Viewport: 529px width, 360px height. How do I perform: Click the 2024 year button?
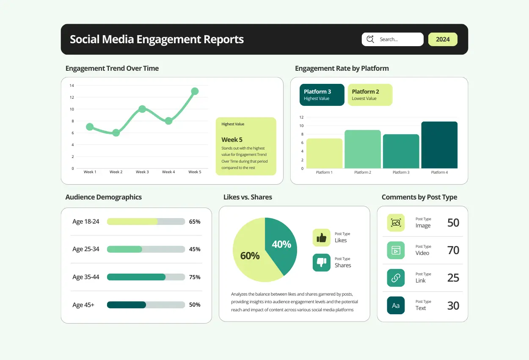pos(443,39)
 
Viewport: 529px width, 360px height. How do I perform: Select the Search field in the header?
pos(392,39)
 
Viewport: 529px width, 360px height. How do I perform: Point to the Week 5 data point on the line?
pos(195,91)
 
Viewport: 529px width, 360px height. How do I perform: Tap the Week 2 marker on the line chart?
pos(116,133)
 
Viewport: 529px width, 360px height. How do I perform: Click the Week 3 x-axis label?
pos(142,172)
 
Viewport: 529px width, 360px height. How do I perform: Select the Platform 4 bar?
pos(439,145)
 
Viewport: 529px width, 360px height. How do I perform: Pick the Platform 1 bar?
pos(324,153)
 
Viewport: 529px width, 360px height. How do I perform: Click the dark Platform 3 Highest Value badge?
pos(322,95)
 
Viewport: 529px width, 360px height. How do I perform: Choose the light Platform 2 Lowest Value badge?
pos(370,95)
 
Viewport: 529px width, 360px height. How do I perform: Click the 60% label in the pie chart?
pos(250,256)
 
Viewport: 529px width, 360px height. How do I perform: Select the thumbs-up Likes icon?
pos(321,238)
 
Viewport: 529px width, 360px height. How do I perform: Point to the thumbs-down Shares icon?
pos(321,263)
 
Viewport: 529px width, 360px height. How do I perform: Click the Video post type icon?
pos(396,250)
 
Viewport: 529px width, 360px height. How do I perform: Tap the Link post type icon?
pos(396,278)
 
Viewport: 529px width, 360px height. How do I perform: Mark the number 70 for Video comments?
pos(453,250)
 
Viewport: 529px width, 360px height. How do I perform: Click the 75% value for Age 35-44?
pos(195,277)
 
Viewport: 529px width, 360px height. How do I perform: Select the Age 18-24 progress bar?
pos(146,222)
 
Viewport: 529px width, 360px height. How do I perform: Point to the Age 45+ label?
pos(83,305)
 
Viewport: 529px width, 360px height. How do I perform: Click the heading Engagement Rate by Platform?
pos(342,68)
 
